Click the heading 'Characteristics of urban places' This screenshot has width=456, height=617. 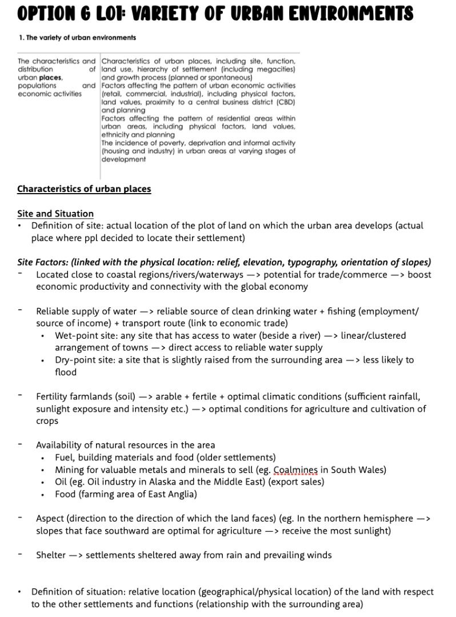tap(84, 189)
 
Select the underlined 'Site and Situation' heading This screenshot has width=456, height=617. tap(55, 213)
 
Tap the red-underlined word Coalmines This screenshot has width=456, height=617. tap(295, 470)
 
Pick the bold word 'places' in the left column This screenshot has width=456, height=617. tap(50, 77)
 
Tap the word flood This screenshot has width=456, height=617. tap(66, 372)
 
